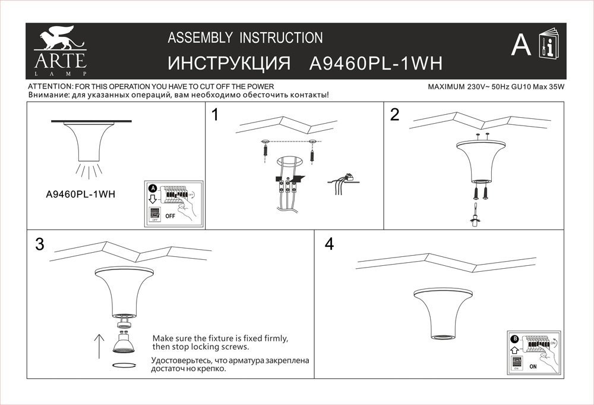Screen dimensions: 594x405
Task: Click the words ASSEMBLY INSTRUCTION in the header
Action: click(245, 38)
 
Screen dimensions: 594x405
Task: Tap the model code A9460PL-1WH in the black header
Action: click(377, 64)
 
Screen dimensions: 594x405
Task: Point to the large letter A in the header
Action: click(521, 45)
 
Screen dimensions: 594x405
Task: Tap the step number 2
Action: click(394, 115)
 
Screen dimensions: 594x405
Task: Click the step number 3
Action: click(40, 244)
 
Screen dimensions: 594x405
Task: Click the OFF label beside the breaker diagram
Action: click(170, 216)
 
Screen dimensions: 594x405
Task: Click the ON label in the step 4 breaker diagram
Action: click(533, 367)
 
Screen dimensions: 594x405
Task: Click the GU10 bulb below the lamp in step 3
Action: click(124, 343)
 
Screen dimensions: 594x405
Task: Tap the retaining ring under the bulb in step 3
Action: click(124, 365)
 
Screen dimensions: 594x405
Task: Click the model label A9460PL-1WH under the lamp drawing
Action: click(80, 193)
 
